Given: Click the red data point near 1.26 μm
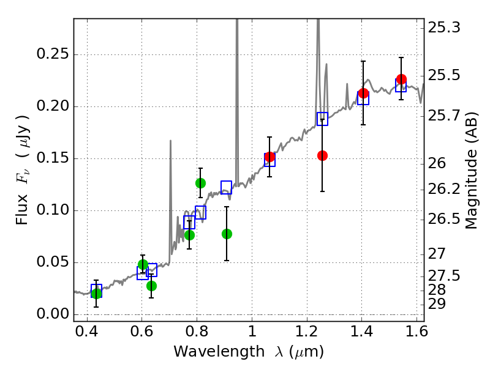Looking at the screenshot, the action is point(322,155).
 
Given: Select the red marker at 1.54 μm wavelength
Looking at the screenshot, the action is point(401,79).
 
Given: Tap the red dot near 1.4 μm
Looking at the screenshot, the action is point(363,93).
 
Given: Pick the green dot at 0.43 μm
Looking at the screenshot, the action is point(96,293).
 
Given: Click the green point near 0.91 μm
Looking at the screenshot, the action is point(227,234).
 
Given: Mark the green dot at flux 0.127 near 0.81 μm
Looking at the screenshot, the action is point(201,183).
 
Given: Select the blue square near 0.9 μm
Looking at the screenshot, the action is point(226,187).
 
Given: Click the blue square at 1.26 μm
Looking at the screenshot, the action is point(323,119).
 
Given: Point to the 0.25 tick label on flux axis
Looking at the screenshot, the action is point(53,54).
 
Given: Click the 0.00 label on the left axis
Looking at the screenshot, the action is point(53,314).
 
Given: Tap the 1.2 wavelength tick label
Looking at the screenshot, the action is point(307,332).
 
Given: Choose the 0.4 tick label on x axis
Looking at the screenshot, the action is point(87,332).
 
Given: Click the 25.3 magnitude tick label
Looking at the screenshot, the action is point(443,28).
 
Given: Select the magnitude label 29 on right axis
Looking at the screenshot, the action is point(437,303).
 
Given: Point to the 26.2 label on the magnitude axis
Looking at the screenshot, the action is point(443,189).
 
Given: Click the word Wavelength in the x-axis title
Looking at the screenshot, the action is point(219,352).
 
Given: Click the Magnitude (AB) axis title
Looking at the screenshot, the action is point(472,171).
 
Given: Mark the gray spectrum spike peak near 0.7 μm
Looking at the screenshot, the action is point(170,141).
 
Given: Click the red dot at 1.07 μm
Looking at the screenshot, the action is point(269,157).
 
